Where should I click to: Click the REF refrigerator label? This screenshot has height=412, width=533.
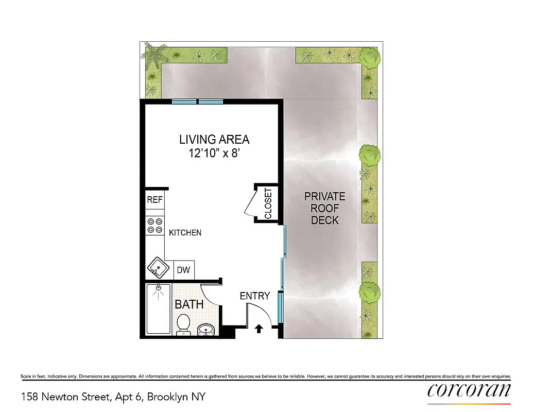coord(154,200)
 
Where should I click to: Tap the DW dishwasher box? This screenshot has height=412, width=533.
coord(184,269)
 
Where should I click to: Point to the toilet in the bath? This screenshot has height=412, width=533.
coord(183,325)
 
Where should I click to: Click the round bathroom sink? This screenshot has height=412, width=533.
coord(207,329)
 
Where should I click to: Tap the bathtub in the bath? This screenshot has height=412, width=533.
coord(157,309)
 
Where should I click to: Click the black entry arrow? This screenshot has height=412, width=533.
coord(259,328)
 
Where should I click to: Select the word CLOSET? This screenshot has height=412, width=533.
coord(268,204)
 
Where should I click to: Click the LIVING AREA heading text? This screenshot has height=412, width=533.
coord(214,140)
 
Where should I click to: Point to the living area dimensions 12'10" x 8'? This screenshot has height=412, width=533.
coord(214,153)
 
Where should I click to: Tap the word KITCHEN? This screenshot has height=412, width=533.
coord(185,233)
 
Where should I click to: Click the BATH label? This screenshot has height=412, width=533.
coord(189,304)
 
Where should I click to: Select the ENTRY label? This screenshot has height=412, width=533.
coord(255,296)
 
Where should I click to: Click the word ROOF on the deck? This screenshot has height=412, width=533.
coord(325,209)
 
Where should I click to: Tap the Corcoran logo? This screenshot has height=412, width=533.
coord(469,389)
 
